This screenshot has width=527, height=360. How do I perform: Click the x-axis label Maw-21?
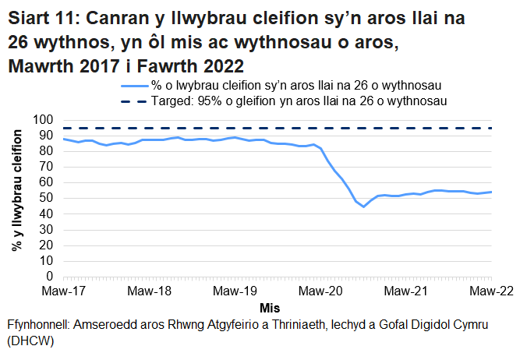point(405,291)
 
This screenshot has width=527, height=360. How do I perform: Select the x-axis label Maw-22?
point(490,291)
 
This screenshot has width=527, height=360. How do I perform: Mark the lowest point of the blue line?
point(363,206)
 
